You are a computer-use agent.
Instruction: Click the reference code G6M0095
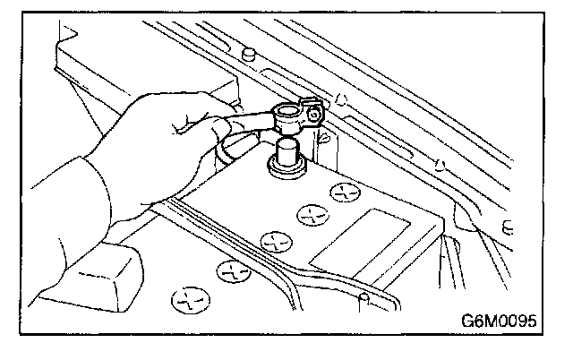[507, 321]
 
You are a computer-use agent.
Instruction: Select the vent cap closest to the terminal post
[345, 192]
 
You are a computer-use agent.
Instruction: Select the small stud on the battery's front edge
[363, 296]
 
